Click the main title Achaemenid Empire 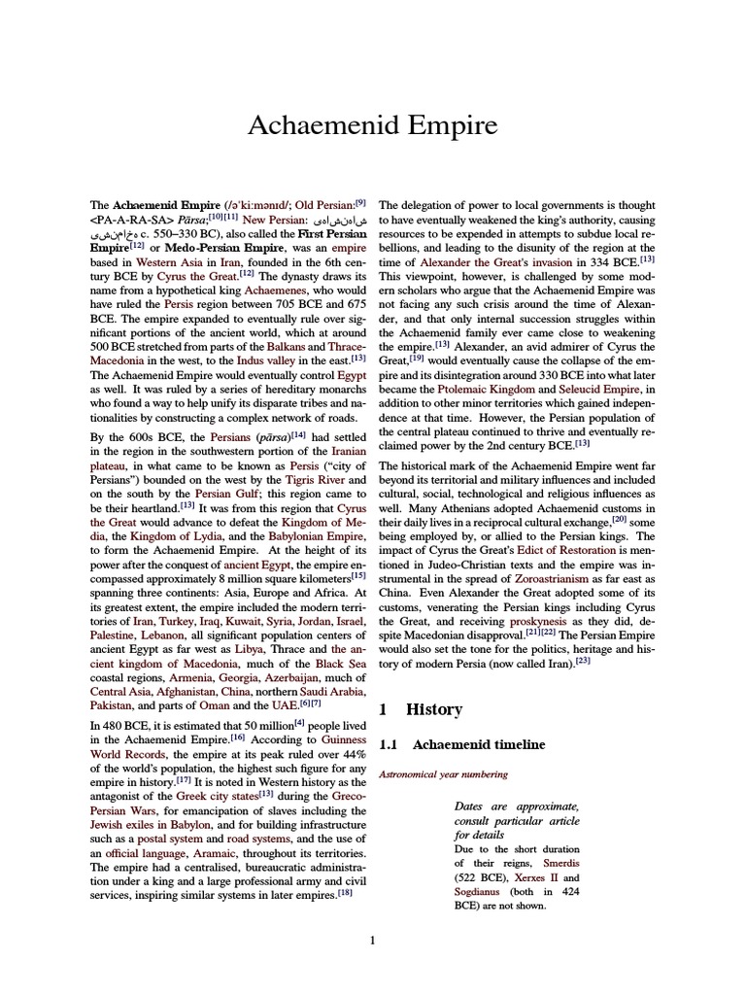click(x=373, y=125)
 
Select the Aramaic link click(x=210, y=852)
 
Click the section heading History click(x=436, y=709)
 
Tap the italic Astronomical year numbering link click(x=443, y=774)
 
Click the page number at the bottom click(x=373, y=940)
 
